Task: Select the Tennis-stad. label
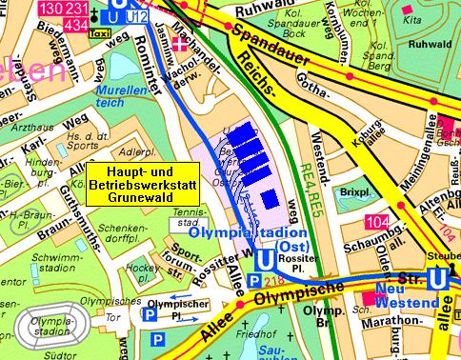tap(190, 217)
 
